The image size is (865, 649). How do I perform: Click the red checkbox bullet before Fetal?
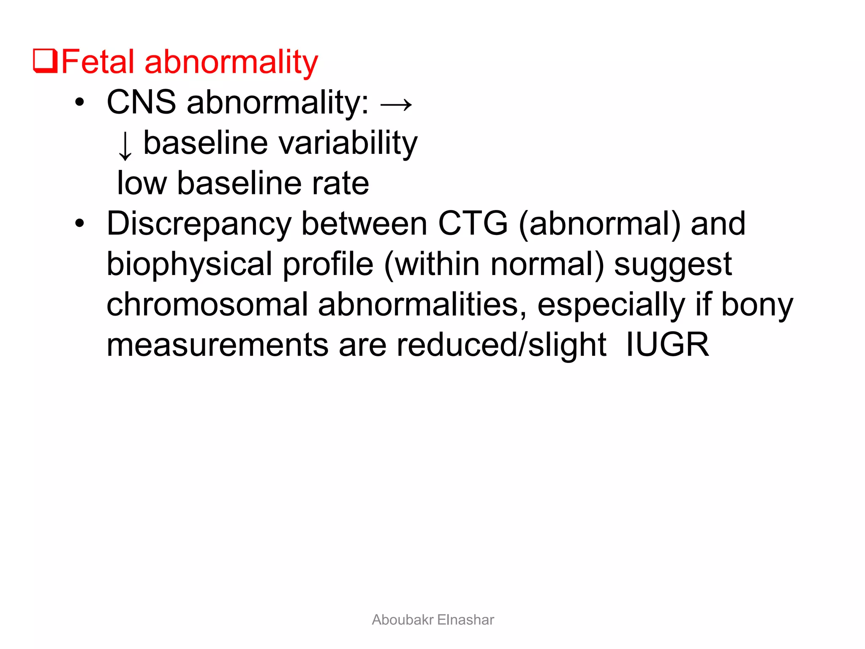tap(45, 62)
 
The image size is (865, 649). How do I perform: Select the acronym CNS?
tap(141, 102)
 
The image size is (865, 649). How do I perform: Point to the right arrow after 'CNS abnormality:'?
tap(396, 104)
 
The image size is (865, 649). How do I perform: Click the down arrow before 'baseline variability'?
tap(125, 145)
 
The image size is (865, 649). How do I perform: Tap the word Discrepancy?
tap(199, 224)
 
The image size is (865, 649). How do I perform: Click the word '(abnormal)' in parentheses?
tap(599, 224)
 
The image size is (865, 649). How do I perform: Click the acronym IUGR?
tap(667, 345)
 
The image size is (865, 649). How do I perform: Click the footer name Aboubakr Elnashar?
tap(432, 620)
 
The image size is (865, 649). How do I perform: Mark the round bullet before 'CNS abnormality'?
tap(79, 102)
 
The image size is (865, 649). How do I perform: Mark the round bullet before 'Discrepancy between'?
tap(79, 224)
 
